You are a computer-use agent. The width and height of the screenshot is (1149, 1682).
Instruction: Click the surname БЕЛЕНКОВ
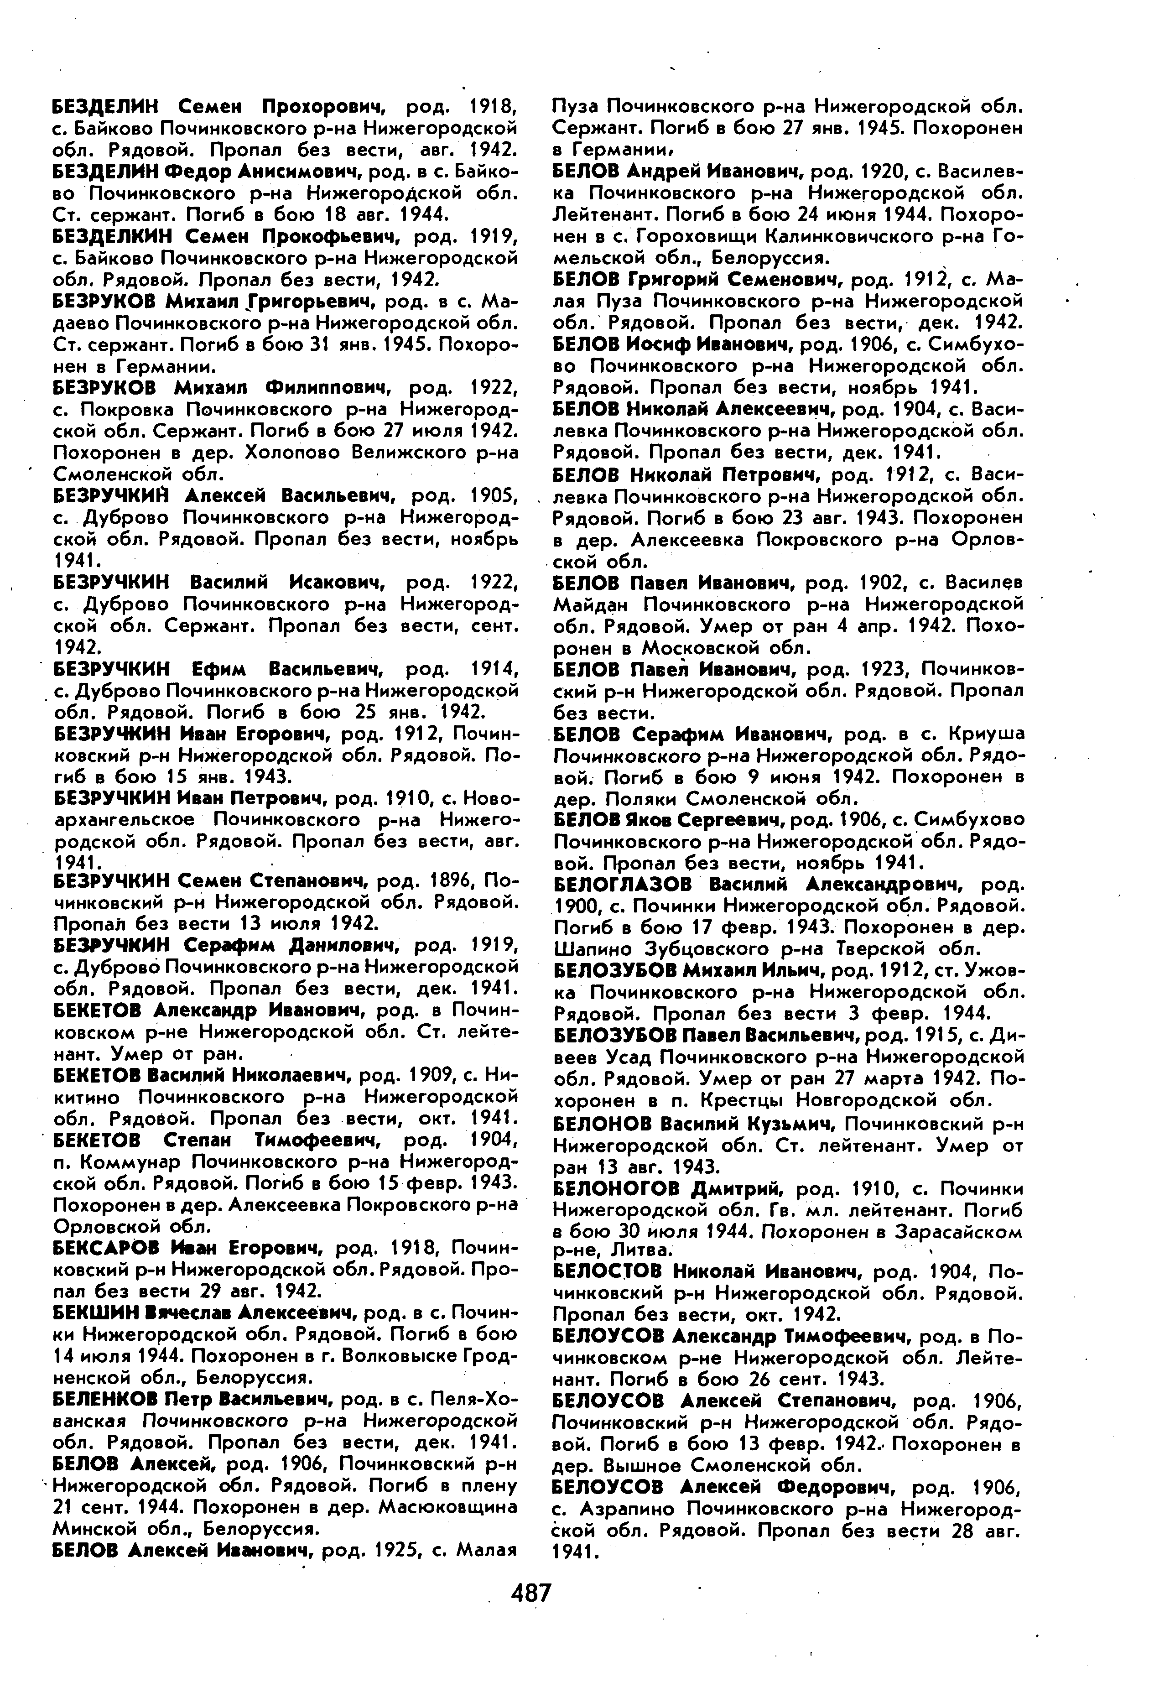[104, 1398]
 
